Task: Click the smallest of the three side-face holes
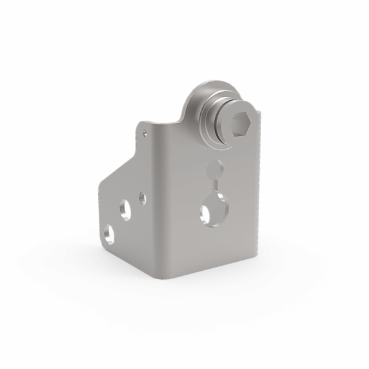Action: point(142,198)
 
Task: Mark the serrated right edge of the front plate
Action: point(259,193)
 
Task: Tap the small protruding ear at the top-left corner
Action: point(145,126)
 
